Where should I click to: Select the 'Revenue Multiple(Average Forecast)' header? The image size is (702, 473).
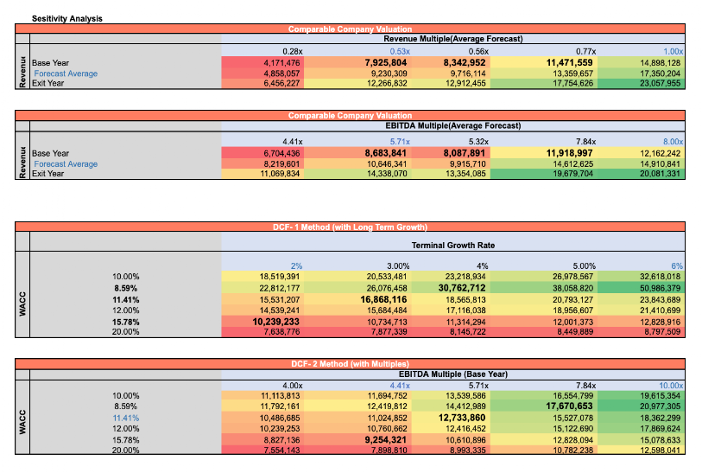(452, 39)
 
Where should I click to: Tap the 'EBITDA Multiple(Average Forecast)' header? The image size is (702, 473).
(452, 125)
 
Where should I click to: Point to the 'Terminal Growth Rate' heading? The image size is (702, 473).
(452, 246)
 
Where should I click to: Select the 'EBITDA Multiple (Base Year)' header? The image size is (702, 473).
(452, 374)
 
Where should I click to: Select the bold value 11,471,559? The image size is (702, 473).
(569, 63)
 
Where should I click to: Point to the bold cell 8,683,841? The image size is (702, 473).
(381, 153)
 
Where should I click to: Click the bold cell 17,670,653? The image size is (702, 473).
(569, 406)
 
